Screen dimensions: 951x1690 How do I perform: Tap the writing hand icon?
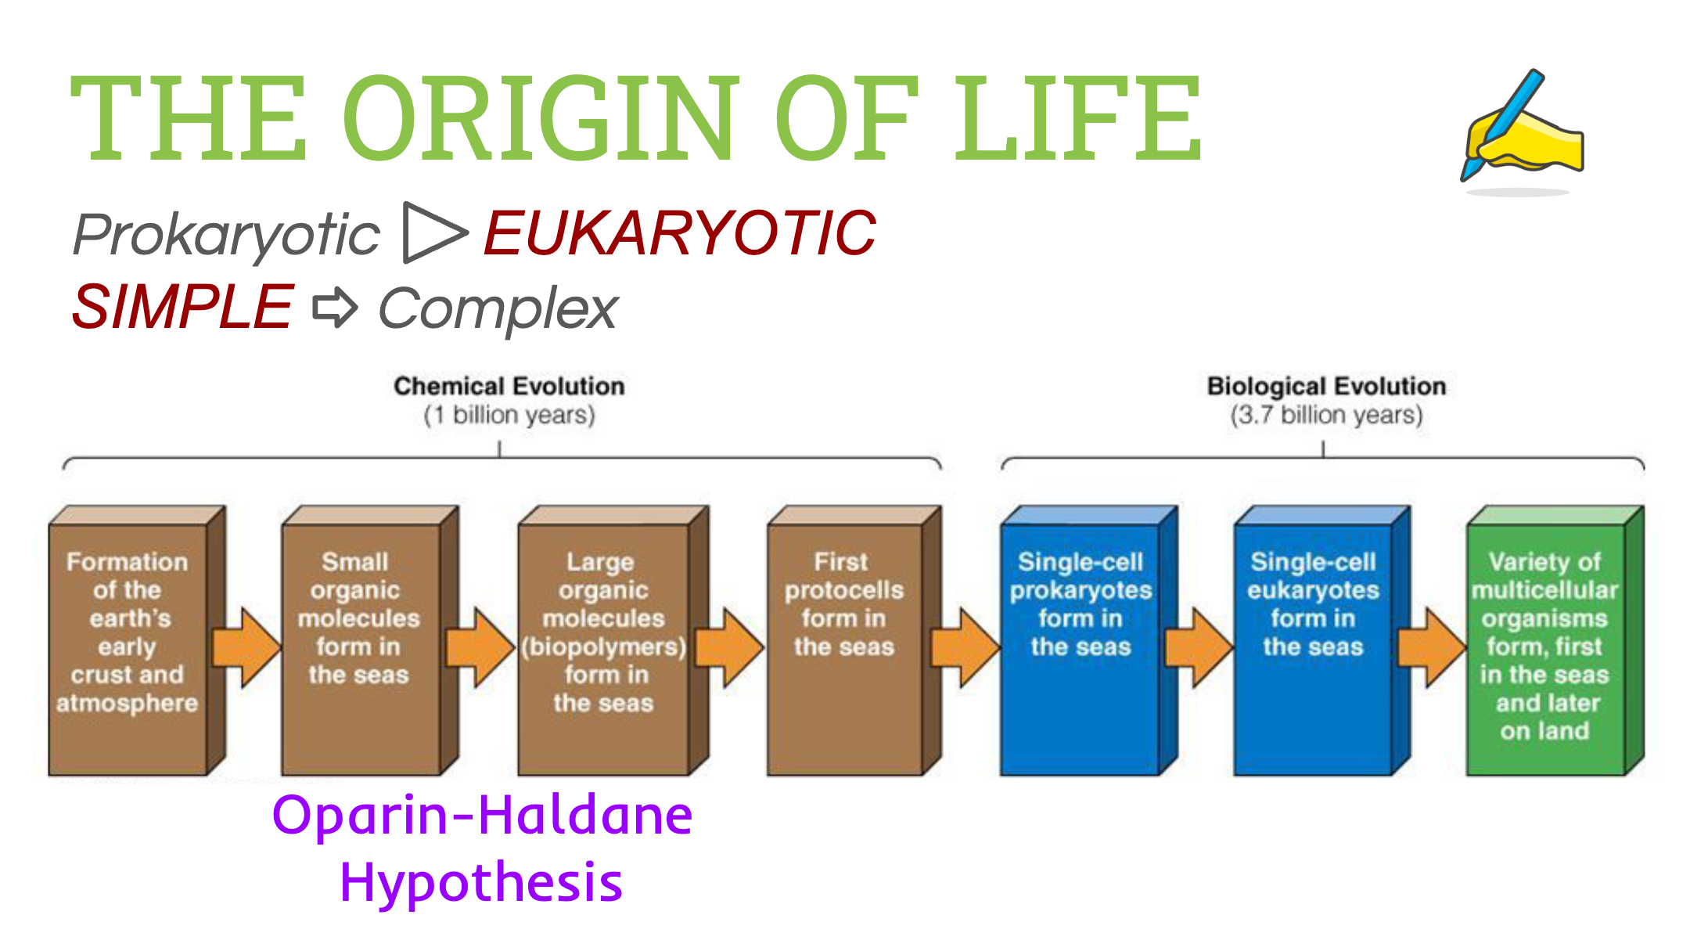pyautogui.click(x=1522, y=129)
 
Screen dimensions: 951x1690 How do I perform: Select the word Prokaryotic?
pyautogui.click(x=227, y=234)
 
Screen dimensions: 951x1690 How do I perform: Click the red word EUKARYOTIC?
pyautogui.click(x=679, y=233)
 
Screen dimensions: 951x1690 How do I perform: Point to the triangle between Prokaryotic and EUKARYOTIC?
pyautogui.click(x=433, y=232)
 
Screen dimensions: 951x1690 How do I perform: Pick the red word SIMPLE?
pyautogui.click(x=182, y=307)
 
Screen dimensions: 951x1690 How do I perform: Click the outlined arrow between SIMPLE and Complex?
pyautogui.click(x=335, y=307)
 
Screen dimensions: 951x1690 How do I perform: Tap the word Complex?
pyautogui.click(x=498, y=308)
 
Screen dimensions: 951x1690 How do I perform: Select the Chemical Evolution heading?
pyautogui.click(x=509, y=386)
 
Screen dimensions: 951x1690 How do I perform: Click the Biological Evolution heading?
pyautogui.click(x=1326, y=386)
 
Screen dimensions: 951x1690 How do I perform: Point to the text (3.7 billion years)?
pyautogui.click(x=1326, y=415)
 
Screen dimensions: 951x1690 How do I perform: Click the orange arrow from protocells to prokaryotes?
pyautogui.click(x=965, y=647)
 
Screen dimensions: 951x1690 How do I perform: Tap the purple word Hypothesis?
pyautogui.click(x=481, y=882)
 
